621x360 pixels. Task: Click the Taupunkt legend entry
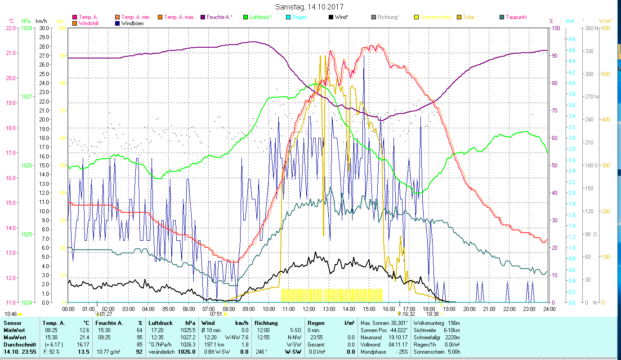coord(516,17)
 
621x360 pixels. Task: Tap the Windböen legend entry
coord(132,23)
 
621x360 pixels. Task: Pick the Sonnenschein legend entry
coord(435,17)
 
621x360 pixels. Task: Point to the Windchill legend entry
coord(90,23)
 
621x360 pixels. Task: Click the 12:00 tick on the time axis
coord(308,309)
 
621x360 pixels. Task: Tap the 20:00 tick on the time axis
coord(469,309)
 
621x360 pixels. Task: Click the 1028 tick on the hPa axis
coord(27,28)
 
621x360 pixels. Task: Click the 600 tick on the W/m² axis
coord(605,28)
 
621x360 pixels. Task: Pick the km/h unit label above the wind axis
coord(41,21)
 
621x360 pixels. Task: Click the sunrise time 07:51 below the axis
coord(216,314)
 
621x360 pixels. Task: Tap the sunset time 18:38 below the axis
coord(432,314)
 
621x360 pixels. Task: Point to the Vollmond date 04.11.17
coord(398,344)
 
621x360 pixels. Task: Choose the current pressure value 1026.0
coord(187,352)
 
